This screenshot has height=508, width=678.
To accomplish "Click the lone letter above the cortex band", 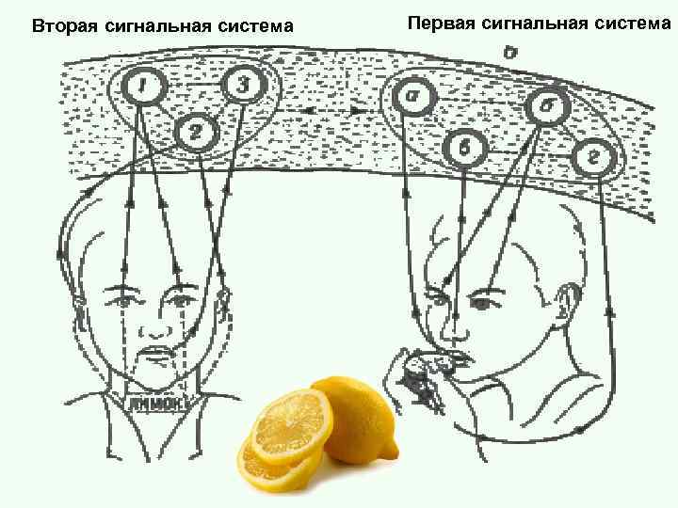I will [508, 54].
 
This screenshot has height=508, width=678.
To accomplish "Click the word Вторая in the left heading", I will [63, 25].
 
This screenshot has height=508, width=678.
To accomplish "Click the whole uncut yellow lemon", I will [357, 420].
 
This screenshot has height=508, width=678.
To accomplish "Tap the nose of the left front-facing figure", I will [153, 325].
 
